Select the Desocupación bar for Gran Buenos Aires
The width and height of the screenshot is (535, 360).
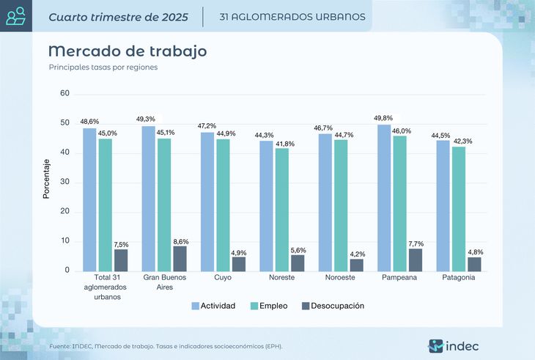(x=180, y=258)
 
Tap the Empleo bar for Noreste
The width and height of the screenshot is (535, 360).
(x=281, y=210)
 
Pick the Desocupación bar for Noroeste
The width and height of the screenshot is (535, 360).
(x=357, y=265)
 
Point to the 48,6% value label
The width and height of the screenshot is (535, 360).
(x=89, y=122)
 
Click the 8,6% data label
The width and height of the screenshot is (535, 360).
(x=180, y=240)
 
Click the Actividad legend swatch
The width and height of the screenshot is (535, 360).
(x=196, y=306)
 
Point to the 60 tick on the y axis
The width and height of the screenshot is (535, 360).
(x=64, y=94)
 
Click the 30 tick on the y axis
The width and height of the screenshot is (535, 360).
(x=64, y=183)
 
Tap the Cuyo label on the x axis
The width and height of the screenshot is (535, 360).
(x=223, y=278)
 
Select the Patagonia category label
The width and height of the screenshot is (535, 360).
(x=459, y=278)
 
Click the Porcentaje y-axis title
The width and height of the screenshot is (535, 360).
(x=46, y=179)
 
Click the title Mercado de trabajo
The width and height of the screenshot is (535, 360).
(x=127, y=51)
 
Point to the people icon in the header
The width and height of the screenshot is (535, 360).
(x=16, y=15)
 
